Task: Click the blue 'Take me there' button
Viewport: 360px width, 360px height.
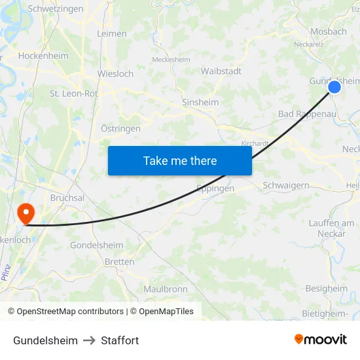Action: pos(180,161)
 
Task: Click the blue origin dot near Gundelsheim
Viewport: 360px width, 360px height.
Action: pos(334,86)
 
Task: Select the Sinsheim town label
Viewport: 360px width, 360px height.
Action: pos(200,103)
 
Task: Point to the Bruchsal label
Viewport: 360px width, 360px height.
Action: pos(67,197)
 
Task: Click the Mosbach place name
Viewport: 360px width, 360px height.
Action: pos(329,31)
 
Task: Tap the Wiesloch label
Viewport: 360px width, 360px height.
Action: pos(116,74)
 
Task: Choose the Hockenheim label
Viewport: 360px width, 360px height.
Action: pos(43,56)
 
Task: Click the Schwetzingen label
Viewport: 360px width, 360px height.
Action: pos(56,9)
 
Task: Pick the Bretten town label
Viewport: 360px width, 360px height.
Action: pos(119,262)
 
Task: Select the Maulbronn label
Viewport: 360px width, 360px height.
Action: pos(166,289)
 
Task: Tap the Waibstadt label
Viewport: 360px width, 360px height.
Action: pos(221,71)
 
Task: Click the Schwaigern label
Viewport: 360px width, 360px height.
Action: pos(286,186)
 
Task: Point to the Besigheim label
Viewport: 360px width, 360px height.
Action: pos(327,289)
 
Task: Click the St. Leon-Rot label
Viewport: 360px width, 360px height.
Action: pos(74,94)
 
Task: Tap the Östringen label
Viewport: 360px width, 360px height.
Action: pos(120,129)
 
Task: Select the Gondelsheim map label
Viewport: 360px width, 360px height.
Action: pos(97,245)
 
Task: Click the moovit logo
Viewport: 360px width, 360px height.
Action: pos(321,340)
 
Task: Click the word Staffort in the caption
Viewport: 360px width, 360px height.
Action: pos(120,340)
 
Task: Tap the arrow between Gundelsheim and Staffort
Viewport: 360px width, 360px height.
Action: pos(90,340)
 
